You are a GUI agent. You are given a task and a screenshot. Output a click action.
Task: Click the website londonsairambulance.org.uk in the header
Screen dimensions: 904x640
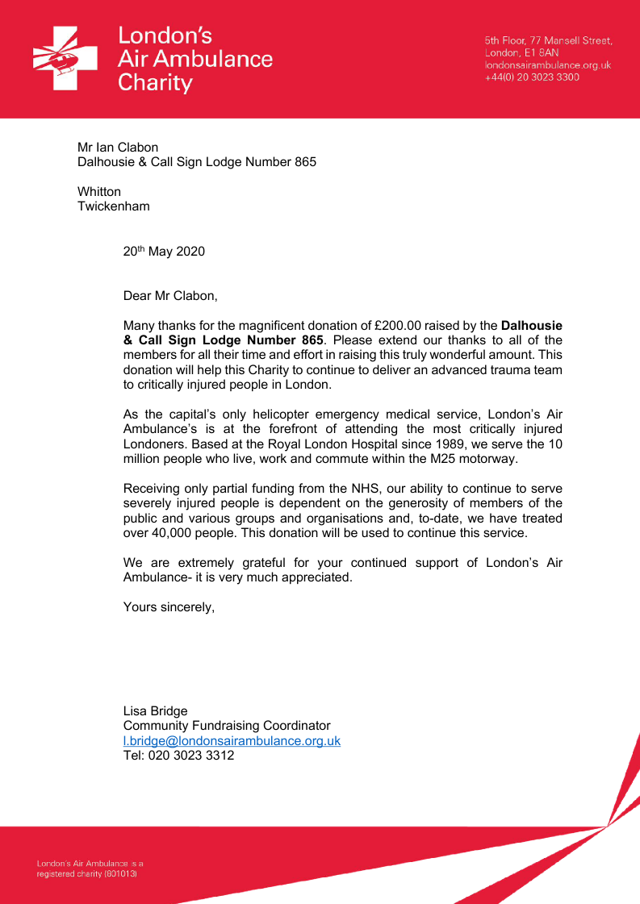tap(547, 65)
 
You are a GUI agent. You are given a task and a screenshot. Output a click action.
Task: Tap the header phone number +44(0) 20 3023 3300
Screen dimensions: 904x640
tap(532, 77)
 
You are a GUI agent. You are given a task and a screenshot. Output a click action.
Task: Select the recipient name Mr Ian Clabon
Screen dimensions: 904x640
tap(118, 147)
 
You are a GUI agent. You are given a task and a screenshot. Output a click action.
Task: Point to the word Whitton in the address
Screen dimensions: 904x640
tap(99, 191)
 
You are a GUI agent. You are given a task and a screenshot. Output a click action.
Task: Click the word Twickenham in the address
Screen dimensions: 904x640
tap(113, 206)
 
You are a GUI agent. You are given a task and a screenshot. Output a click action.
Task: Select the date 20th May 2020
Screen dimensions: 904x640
tap(164, 252)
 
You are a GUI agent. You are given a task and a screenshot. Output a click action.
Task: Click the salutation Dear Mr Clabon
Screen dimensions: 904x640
tap(170, 295)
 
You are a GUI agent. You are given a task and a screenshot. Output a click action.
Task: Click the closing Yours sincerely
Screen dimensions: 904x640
tap(169, 606)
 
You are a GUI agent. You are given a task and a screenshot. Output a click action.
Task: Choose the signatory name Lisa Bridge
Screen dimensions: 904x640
tap(155, 710)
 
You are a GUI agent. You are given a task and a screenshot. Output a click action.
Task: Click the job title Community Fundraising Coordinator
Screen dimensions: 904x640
tap(227, 726)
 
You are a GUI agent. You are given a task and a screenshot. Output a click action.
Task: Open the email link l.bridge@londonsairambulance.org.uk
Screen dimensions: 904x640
tap(232, 740)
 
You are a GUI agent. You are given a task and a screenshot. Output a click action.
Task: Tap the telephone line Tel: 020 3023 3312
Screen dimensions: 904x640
tap(178, 756)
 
